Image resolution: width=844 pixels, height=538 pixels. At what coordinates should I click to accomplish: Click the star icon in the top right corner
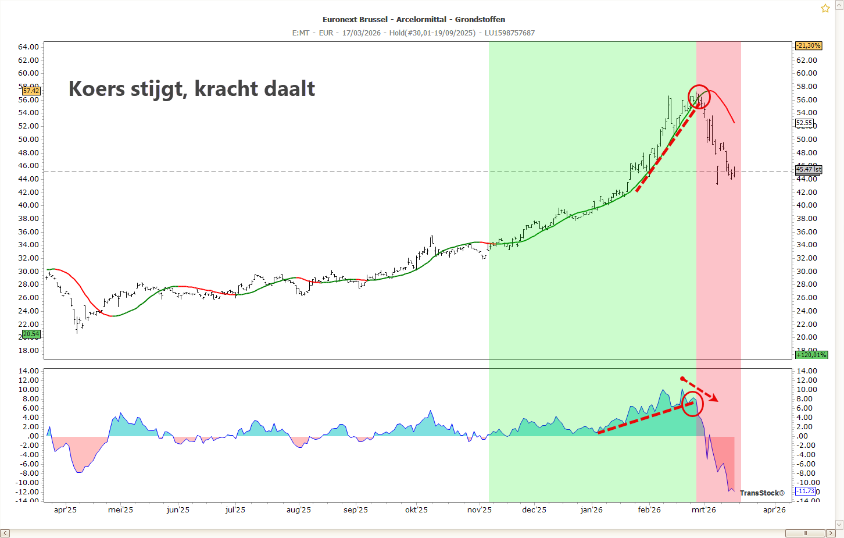coord(825,9)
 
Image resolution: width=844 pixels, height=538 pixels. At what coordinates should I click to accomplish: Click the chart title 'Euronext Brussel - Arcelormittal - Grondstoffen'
coord(414,19)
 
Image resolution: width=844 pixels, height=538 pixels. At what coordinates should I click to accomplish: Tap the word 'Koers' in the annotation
coord(96,89)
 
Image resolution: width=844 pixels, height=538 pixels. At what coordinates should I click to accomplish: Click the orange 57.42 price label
coord(31,91)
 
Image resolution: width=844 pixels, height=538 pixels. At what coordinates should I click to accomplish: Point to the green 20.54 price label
coord(31,334)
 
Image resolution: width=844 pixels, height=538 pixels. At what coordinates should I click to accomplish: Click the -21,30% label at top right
coord(809,45)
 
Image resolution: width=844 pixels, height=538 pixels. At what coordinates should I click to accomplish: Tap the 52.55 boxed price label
coord(804,123)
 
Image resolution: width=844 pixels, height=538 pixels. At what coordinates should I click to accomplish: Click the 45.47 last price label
coord(809,169)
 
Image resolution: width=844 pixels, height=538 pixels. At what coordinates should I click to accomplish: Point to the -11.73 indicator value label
coord(805,491)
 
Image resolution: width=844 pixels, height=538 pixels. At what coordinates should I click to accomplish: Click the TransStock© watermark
coord(762,493)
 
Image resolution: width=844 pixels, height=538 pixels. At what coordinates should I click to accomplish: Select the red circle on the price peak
coord(699,96)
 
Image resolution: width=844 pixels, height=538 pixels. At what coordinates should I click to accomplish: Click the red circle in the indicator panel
coord(692,404)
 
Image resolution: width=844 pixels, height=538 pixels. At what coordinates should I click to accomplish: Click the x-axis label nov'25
coord(480,510)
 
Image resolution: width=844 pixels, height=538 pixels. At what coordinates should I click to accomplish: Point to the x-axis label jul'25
coord(235,510)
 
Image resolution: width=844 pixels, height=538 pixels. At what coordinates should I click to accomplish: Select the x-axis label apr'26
coord(774,510)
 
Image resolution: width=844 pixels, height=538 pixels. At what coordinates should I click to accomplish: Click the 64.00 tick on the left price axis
coord(28,47)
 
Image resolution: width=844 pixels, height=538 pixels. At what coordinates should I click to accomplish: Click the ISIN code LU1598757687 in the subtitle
coord(509,33)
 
